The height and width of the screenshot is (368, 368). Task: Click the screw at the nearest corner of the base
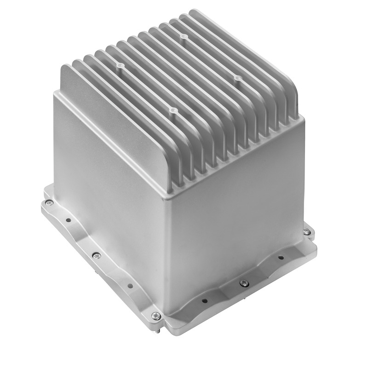[x=156, y=315]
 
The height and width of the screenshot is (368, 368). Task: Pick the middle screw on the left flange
[x=96, y=256]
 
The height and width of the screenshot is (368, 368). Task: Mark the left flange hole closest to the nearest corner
[x=130, y=286]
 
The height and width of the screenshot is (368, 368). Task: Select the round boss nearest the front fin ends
[x=173, y=110]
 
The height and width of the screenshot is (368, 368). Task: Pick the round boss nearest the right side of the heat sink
[x=237, y=79]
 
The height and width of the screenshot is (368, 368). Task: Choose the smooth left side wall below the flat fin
[x=106, y=184]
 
